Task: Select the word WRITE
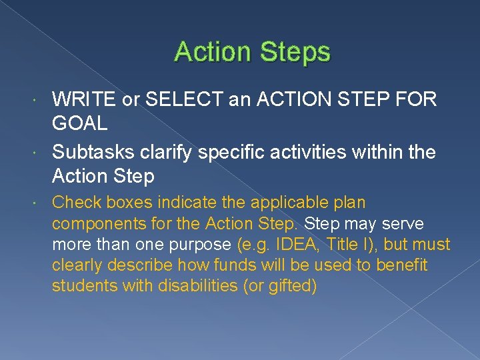coord(83,100)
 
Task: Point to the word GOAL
coord(79,124)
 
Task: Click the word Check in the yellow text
coord(73,202)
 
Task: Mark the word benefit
coord(402,265)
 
